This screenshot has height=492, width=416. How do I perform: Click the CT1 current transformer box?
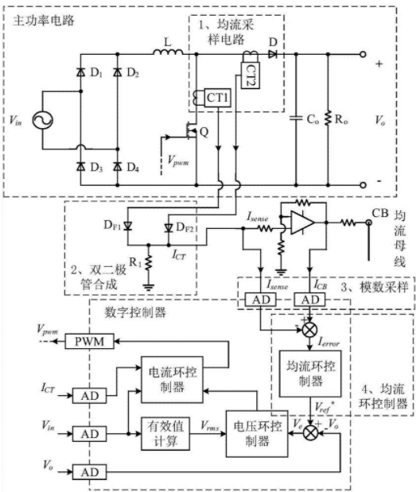pyautogui.click(x=217, y=98)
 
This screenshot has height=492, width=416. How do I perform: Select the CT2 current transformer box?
pyautogui.click(x=251, y=76)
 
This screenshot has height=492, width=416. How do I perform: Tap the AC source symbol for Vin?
pyautogui.click(x=43, y=120)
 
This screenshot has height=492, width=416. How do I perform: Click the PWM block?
pyautogui.click(x=89, y=341)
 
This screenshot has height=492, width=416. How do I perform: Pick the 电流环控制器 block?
pyautogui.click(x=172, y=380)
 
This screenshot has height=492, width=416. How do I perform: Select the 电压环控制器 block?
pyautogui.click(x=257, y=434)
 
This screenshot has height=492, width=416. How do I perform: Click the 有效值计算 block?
pyautogui.click(x=165, y=434)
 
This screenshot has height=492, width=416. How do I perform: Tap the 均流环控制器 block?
pyautogui.click(x=310, y=374)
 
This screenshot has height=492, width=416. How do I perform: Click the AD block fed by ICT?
pyautogui.click(x=89, y=396)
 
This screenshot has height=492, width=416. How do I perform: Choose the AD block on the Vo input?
pyautogui.click(x=89, y=471)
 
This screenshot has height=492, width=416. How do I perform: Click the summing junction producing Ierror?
pyautogui.click(x=310, y=330)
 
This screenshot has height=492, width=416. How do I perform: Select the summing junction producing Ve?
pyautogui.click(x=310, y=434)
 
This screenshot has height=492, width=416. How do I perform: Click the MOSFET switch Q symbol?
pyautogui.click(x=191, y=131)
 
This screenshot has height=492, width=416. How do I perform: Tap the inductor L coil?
pyautogui.click(x=168, y=52)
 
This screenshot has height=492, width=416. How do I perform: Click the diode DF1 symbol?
pyautogui.click(x=127, y=226)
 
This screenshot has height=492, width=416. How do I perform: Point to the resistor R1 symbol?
pyautogui.click(x=149, y=262)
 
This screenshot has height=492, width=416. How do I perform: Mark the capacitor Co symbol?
pyautogui.click(x=296, y=119)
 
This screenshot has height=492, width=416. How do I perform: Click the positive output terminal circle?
pyautogui.click(x=363, y=54)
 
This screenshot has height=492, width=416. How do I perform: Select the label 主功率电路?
pyautogui.click(x=44, y=21)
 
